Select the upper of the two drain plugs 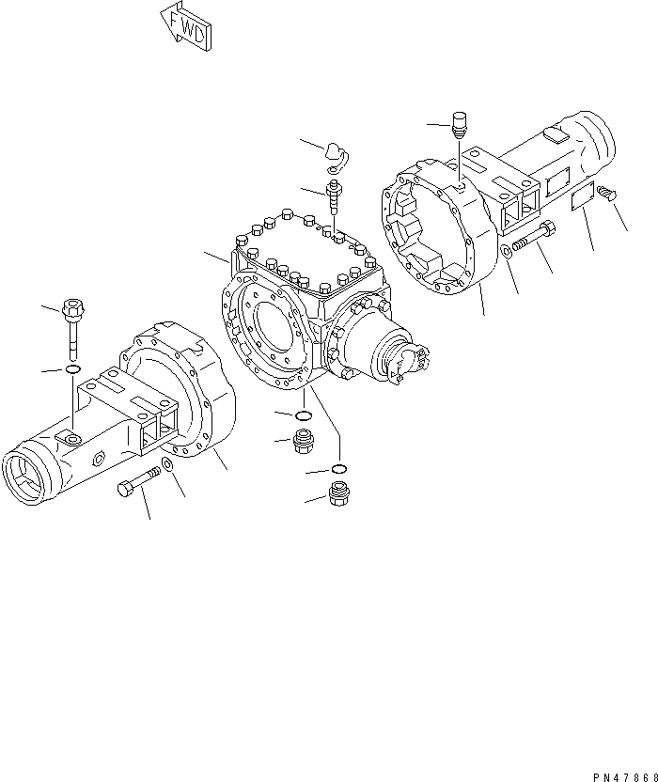(305, 440)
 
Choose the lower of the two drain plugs (340, 493)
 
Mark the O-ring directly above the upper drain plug (305, 415)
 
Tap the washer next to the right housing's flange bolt (507, 250)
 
